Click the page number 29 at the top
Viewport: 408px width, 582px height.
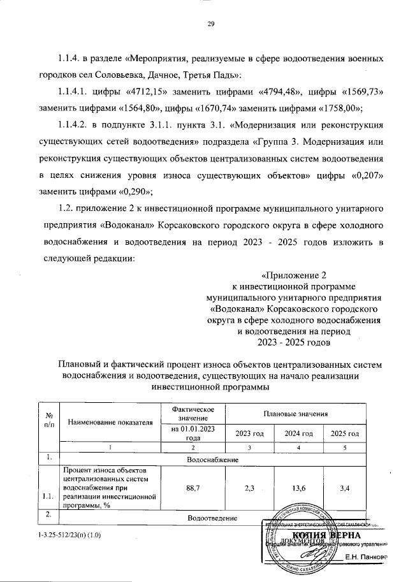210,24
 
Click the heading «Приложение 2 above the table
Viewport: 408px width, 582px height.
294,275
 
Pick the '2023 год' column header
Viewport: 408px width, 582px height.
249,433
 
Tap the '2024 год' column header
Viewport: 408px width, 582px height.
298,433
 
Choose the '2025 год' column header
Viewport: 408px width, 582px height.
344,433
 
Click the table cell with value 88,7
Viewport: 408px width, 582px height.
190,488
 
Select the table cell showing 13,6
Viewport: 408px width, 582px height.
298,488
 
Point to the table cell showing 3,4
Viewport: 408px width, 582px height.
344,488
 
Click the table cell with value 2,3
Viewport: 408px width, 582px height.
249,488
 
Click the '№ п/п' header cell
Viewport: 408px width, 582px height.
48,421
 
